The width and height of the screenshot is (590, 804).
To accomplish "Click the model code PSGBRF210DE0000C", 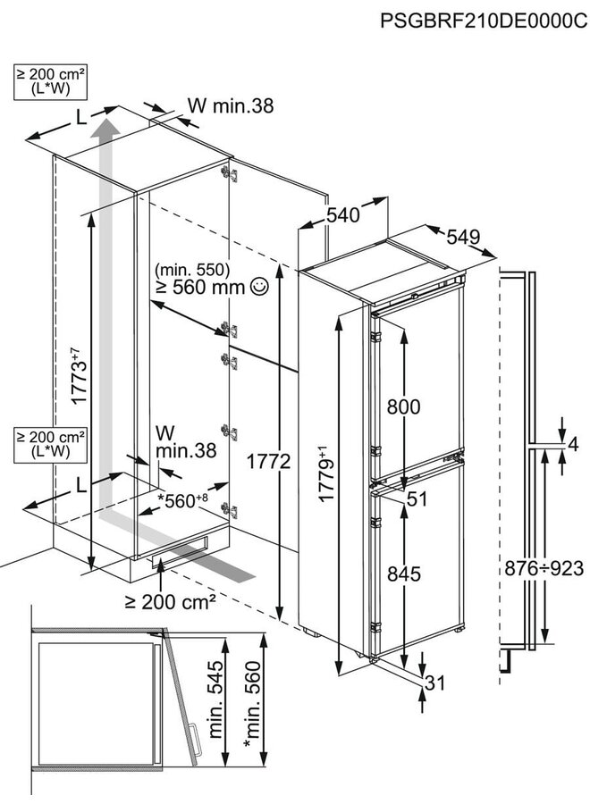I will point(484,21).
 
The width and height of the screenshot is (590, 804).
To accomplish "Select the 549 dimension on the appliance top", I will point(463,237).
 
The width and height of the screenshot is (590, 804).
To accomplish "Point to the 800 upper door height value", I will point(403,407).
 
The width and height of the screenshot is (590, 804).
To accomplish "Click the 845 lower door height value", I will point(403,575).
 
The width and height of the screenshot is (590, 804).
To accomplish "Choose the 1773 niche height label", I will point(80,379).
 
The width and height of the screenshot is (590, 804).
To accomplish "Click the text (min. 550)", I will point(192,269).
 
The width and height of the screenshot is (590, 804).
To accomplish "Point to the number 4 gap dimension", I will point(573,444).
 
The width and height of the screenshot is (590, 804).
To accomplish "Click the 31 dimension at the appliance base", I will point(435,685).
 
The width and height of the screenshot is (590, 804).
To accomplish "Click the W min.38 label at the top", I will point(230,105).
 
